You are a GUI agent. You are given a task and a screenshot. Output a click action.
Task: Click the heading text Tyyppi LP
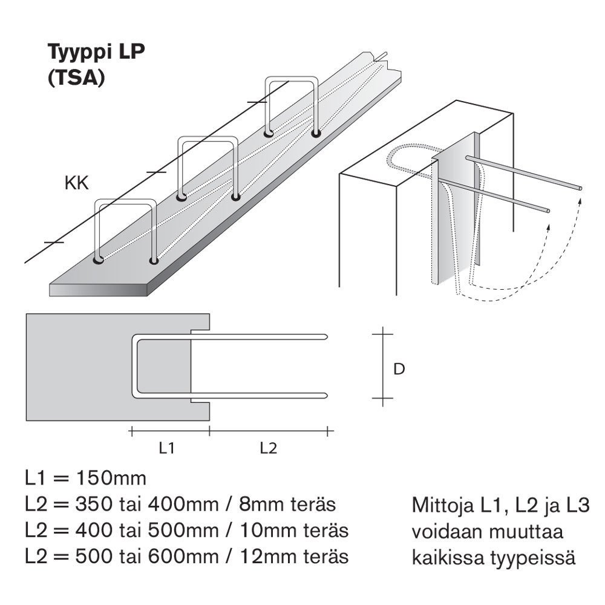point(97,53)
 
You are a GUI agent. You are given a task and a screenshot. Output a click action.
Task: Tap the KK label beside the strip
point(76,184)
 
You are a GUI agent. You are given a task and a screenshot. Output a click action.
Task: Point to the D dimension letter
point(399,368)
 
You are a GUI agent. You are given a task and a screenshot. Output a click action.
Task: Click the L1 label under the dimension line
point(167,448)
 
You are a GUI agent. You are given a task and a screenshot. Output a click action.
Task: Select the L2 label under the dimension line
point(268,448)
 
